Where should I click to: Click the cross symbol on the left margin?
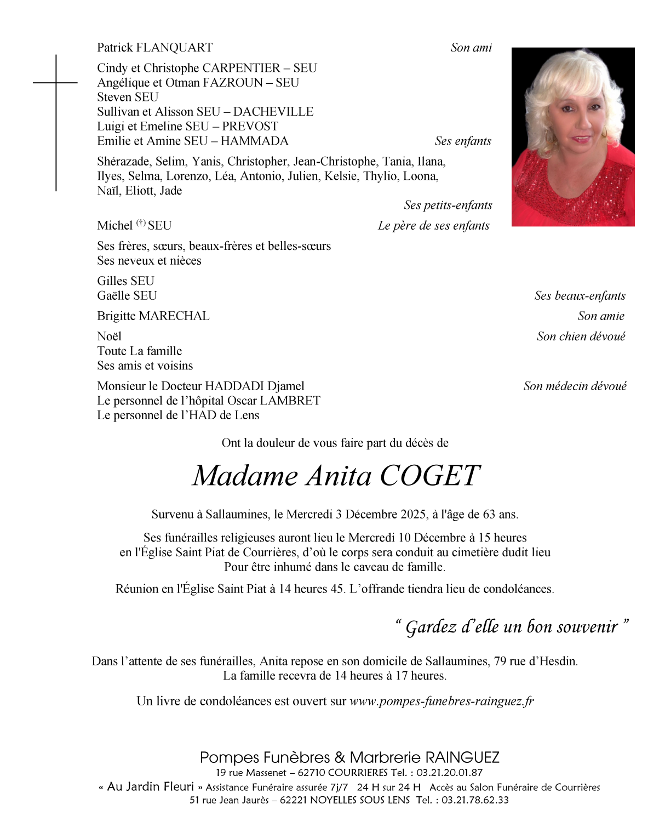[x=56, y=83]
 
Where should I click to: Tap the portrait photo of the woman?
[x=572, y=137]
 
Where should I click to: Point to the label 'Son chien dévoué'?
[x=581, y=336]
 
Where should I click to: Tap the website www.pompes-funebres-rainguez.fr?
[x=442, y=701]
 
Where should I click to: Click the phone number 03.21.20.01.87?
[x=450, y=773]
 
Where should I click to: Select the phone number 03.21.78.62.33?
[x=475, y=800]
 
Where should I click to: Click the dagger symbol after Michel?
[x=141, y=223]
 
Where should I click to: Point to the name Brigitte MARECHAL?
[x=153, y=316]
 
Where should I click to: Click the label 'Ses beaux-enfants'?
[x=580, y=296]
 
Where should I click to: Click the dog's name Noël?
[x=109, y=336]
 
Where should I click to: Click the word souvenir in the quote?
[x=587, y=627]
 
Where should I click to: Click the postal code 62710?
[x=314, y=773]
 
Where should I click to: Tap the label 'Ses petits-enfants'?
[x=448, y=206]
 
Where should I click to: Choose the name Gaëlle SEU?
[x=127, y=296]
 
